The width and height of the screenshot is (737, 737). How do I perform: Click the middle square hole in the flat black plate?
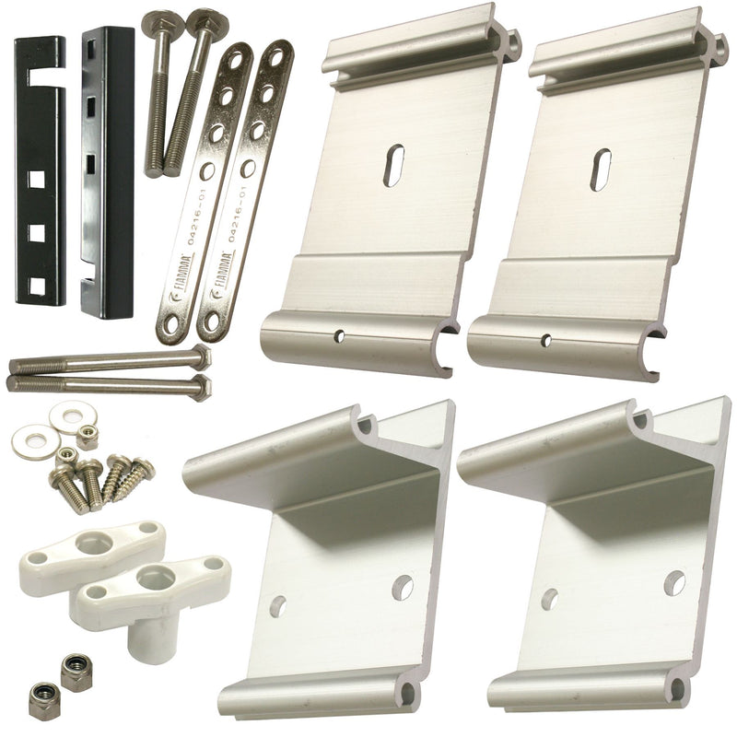[x=37, y=233]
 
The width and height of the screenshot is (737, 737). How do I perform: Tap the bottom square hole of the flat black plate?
[x=37, y=287]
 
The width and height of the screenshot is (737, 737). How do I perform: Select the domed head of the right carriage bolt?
[x=206, y=20]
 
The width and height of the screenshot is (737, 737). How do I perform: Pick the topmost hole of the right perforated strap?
[x=277, y=57]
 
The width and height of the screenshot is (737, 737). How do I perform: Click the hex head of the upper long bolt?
[x=201, y=356]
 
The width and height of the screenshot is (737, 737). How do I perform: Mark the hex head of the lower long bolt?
[x=202, y=387]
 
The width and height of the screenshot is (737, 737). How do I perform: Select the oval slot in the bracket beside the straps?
[x=393, y=165]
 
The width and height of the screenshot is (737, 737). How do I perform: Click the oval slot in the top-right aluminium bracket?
[x=601, y=170]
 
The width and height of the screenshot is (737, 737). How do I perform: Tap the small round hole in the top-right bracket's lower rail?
[x=546, y=340]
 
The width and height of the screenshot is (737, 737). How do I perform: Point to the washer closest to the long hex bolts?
[x=74, y=416]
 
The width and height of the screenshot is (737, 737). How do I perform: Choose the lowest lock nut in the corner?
[x=41, y=699]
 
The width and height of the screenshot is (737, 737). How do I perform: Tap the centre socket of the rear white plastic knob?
[x=94, y=543]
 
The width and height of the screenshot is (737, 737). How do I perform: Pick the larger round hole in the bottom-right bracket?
[x=674, y=583]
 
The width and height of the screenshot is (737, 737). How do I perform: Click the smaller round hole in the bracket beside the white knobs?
[x=279, y=606]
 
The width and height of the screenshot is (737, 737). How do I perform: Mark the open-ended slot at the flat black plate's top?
[x=43, y=77]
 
